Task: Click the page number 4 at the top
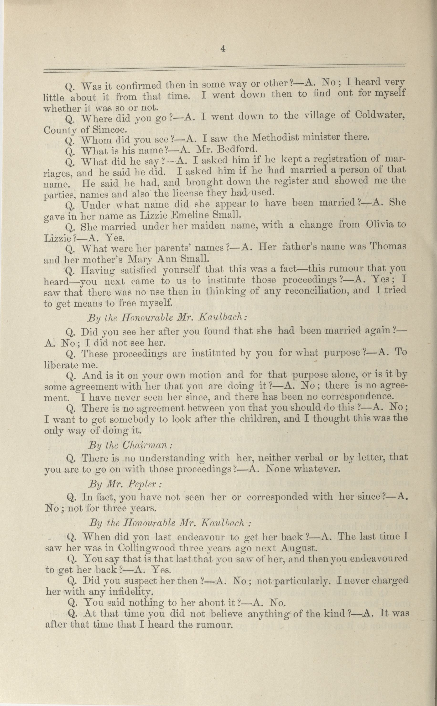coord(223,49)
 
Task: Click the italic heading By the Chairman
coord(130,445)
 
